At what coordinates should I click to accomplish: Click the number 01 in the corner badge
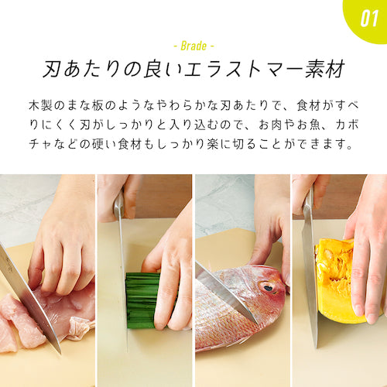tap(368, 17)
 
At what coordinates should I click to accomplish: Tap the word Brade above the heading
tap(193, 45)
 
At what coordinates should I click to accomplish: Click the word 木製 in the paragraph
tap(38, 104)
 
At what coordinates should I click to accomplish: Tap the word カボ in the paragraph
tap(348, 124)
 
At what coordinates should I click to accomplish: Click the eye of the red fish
tap(268, 286)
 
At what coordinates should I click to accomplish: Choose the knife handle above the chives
tap(118, 205)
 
